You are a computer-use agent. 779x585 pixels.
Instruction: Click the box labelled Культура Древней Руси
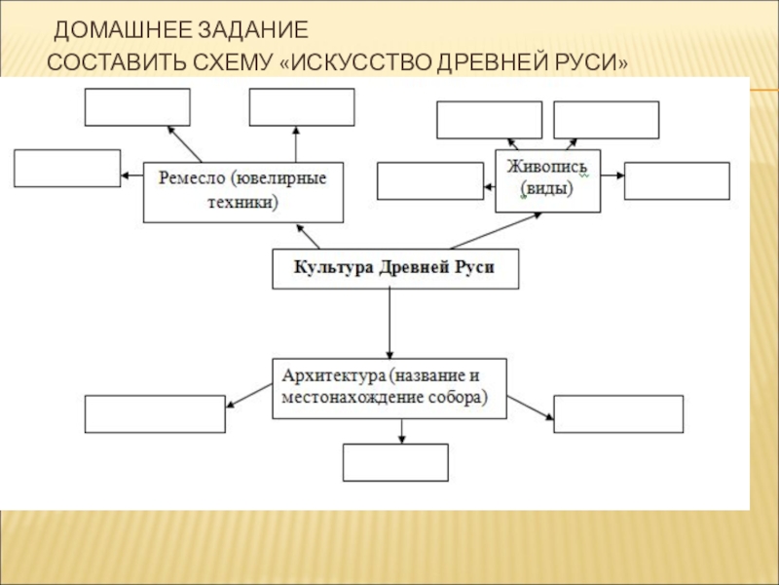pyautogui.click(x=395, y=269)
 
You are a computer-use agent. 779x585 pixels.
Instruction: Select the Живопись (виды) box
pyautogui.click(x=548, y=181)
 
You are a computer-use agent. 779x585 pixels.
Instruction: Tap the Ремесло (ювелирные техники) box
pyautogui.click(x=243, y=192)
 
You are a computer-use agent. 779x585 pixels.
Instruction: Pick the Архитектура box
pyautogui.click(x=389, y=388)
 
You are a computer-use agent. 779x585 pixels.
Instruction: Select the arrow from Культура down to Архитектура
pyautogui.click(x=389, y=324)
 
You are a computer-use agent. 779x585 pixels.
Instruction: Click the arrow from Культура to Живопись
pyautogui.click(x=496, y=231)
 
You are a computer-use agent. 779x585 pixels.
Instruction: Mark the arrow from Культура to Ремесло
pyautogui.click(x=308, y=236)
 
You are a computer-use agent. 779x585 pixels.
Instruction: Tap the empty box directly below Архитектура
pyautogui.click(x=395, y=462)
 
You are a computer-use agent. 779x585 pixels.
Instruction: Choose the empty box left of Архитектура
pyautogui.click(x=155, y=413)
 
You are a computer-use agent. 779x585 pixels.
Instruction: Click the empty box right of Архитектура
pyautogui.click(x=618, y=413)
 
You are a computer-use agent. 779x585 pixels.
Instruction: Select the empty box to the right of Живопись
pyautogui.click(x=677, y=181)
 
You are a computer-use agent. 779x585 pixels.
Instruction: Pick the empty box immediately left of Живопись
pyautogui.click(x=430, y=181)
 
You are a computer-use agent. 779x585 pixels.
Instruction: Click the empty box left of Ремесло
pyautogui.click(x=67, y=168)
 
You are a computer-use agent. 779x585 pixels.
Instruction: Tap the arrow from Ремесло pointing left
pyautogui.click(x=132, y=175)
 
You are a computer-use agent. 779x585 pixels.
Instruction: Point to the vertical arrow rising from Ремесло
pyautogui.click(x=296, y=144)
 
